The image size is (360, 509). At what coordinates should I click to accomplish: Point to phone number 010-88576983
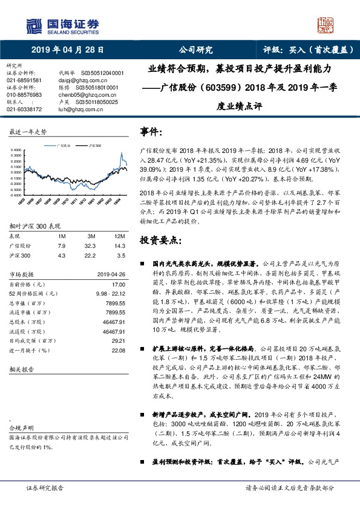pos(24,95)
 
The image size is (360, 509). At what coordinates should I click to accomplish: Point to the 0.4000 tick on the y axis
pos(15,149)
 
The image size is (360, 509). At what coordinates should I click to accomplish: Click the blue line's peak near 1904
pos(122,153)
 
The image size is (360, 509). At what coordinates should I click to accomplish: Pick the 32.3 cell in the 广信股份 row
pos(91,246)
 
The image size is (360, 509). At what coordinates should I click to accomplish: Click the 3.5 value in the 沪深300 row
pos(121,256)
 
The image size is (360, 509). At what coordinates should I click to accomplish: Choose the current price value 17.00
pos(119,284)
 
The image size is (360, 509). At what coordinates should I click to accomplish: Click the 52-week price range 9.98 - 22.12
pos(109,293)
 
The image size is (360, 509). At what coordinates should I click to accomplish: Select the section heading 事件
pos(151,131)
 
